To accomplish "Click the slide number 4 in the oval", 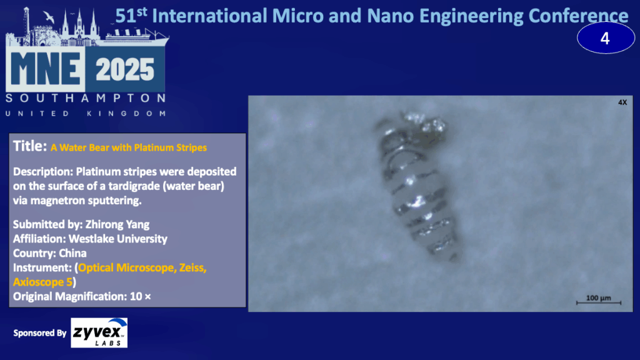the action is [605, 39].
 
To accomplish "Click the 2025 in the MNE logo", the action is [125, 69].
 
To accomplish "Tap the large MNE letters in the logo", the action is [46, 69].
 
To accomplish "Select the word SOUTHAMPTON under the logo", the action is [86, 98].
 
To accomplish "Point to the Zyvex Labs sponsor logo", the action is [99, 332].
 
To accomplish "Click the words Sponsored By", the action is [39, 333].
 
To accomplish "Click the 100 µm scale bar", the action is [598, 302].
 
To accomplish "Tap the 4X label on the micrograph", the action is [622, 102].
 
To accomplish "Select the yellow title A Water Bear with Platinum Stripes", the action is [129, 147].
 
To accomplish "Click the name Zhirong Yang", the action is [117, 224].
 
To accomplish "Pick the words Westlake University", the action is [118, 239].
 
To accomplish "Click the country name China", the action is [72, 253].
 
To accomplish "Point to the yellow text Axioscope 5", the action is [42, 282].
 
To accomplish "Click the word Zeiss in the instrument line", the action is [192, 267].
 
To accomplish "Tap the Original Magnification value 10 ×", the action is [141, 296].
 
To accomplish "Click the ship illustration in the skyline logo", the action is [137, 36].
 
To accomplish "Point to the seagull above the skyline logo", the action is [49, 17].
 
